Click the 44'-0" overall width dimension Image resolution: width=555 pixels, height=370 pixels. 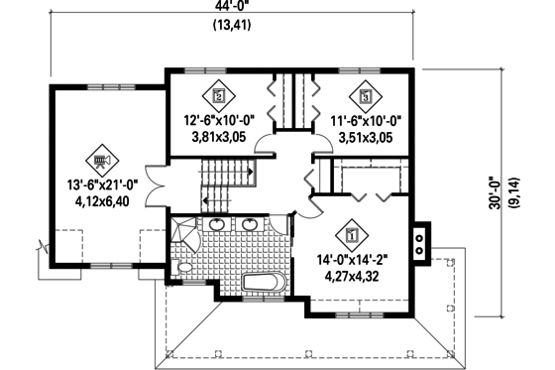tap(231, 8)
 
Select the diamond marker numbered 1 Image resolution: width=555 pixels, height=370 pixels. tap(352, 236)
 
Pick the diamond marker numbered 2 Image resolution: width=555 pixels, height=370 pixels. tap(218, 96)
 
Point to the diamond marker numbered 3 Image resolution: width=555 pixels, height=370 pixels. tap(366, 96)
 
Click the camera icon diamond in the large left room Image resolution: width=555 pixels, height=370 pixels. tap(101, 158)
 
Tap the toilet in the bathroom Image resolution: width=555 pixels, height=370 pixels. tap(184, 268)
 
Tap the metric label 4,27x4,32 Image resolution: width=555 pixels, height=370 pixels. tap(352, 276)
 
